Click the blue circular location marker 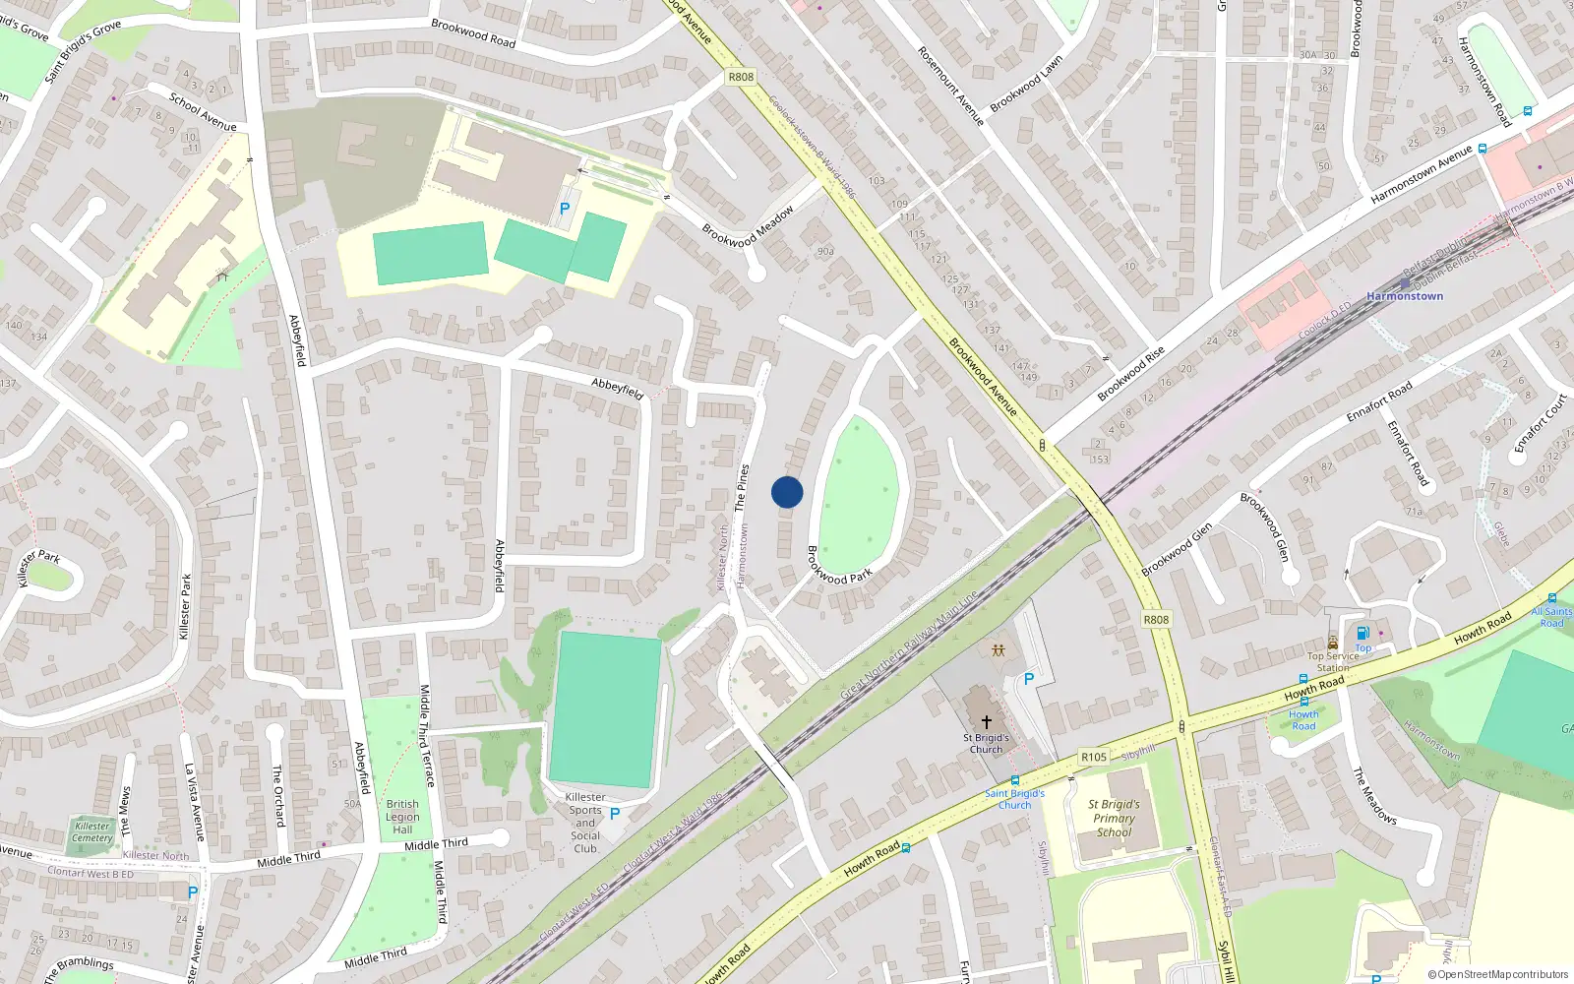tap(787, 492)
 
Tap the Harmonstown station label tap(1404, 296)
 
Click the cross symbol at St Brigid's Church tap(986, 722)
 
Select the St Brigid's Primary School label tap(1114, 818)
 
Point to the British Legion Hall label tap(402, 817)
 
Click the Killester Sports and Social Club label tap(585, 823)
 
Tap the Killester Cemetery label tap(92, 832)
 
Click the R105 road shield tap(1094, 757)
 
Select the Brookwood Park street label tap(839, 565)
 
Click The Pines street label tap(742, 488)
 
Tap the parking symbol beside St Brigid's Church tap(1029, 679)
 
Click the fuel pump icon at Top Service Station tap(1362, 633)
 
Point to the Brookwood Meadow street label tap(748, 227)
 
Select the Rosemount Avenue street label tap(950, 86)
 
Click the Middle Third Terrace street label tap(427, 735)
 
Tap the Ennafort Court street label tap(1540, 424)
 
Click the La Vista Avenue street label tap(194, 801)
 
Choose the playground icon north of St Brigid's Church tap(999, 650)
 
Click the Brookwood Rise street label tap(1131, 373)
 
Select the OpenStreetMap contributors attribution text tap(1498, 974)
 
